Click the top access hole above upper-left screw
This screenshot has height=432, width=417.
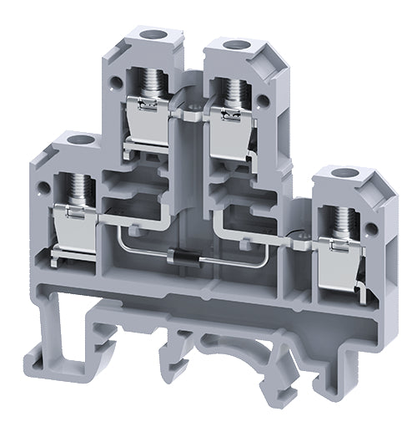(152, 36)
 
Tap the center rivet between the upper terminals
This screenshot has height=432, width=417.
(191, 109)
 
